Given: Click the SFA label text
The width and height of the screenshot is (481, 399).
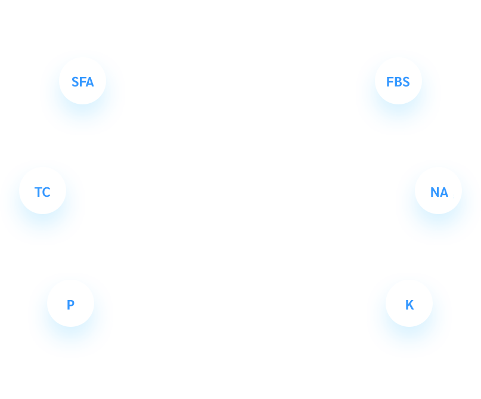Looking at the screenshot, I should [82, 82].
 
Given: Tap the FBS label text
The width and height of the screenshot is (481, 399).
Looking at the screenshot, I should [398, 82].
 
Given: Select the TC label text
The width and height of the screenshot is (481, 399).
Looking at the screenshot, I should [42, 192].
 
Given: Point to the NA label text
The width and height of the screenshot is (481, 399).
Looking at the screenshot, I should [439, 192].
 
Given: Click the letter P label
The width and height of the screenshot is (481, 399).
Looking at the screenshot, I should [70, 305].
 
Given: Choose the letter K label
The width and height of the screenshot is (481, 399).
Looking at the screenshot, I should [409, 305].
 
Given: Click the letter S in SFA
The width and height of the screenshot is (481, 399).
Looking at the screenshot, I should [75, 82].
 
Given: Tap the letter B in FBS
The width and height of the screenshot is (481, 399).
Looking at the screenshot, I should [398, 82].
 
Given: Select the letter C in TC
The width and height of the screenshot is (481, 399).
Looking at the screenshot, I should [46, 192].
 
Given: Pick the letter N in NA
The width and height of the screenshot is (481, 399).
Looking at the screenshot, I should [435, 192].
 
